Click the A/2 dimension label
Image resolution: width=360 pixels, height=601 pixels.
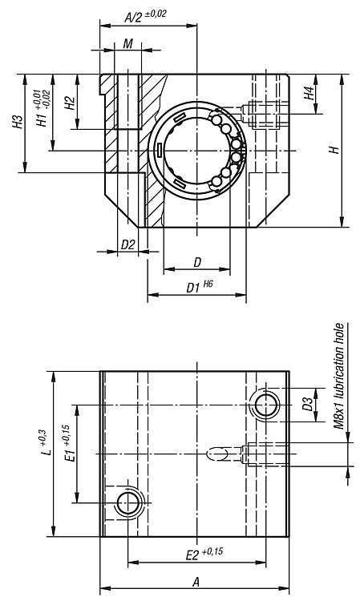(133, 17)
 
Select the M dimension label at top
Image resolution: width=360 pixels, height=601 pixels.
(127, 44)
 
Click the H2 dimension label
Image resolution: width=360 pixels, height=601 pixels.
(71, 103)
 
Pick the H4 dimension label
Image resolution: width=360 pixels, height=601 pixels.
(309, 93)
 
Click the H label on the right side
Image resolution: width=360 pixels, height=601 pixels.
(335, 150)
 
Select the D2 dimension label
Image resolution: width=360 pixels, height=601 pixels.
(128, 244)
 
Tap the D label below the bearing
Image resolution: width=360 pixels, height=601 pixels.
(197, 263)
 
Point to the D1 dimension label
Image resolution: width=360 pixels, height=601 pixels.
(193, 288)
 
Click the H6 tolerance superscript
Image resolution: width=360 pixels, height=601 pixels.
(208, 284)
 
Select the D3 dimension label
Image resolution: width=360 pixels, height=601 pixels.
(308, 405)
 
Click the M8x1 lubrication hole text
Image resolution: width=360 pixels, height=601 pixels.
(338, 376)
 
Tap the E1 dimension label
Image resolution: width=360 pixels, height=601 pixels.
(70, 453)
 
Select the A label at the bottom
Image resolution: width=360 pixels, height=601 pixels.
(196, 583)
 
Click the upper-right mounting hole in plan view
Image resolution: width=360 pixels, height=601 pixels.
(265, 405)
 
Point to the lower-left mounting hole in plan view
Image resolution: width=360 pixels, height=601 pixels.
(127, 502)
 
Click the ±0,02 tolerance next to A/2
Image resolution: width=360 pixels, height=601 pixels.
(156, 14)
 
